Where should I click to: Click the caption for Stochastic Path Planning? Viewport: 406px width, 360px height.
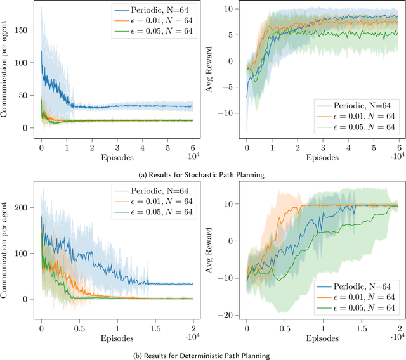click(x=202, y=174)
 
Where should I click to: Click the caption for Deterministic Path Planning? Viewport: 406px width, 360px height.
click(x=202, y=355)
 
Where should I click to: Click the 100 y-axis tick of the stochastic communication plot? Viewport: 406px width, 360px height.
click(x=25, y=62)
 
